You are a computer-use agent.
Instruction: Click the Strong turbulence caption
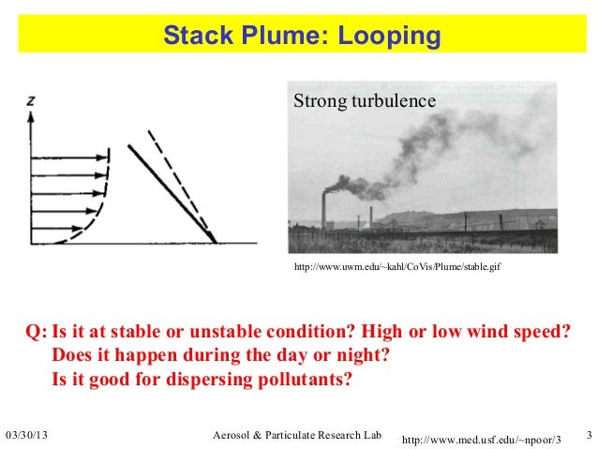tap(365, 100)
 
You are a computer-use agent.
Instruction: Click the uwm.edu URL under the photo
tap(398, 268)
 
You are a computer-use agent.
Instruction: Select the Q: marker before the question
tap(35, 335)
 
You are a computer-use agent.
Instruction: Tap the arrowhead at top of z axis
tap(34, 114)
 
